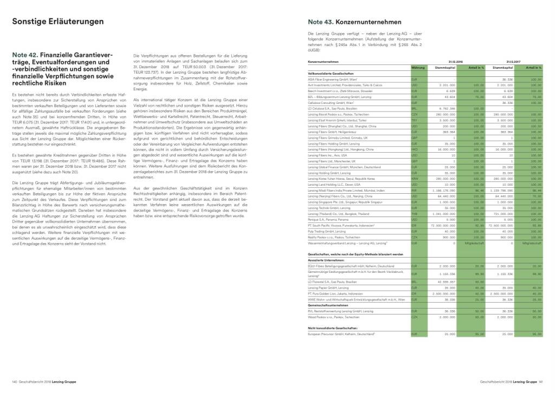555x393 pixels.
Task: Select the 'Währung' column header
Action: click(x=417, y=67)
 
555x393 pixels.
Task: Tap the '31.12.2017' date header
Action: click(x=513, y=62)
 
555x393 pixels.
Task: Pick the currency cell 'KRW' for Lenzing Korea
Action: click(x=415, y=178)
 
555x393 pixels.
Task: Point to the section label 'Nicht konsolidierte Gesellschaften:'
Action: click(x=332, y=328)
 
